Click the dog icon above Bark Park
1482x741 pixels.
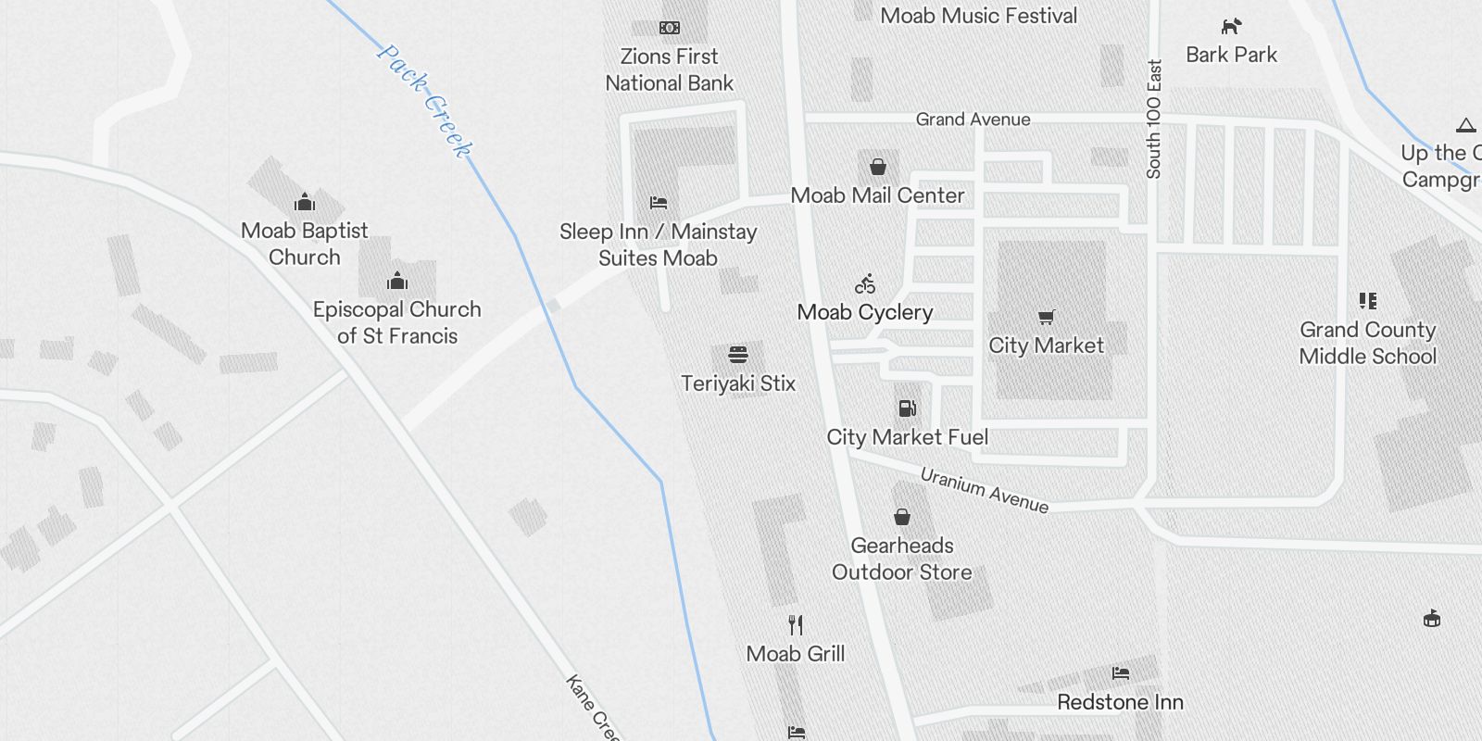1231,27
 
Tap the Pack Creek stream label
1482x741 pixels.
424,100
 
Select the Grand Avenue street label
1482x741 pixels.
973,119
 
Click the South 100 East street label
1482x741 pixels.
1153,119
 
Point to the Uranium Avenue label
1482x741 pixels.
984,490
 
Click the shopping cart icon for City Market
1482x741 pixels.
1046,318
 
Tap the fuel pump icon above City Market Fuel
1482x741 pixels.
907,408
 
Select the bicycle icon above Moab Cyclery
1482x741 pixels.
865,283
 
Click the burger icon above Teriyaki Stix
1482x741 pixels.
737,355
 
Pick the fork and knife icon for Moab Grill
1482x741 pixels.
795,625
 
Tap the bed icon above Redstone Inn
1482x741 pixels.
1121,673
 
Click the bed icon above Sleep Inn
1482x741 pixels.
659,203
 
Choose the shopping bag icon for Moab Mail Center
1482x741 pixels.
877,168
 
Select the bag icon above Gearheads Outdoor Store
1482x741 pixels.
901,517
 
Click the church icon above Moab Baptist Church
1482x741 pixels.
304,203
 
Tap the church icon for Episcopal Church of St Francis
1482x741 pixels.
396,281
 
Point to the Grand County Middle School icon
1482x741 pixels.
1367,301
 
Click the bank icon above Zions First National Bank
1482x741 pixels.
669,28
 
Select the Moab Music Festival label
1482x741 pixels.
978,16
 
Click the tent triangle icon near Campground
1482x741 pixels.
1465,126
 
